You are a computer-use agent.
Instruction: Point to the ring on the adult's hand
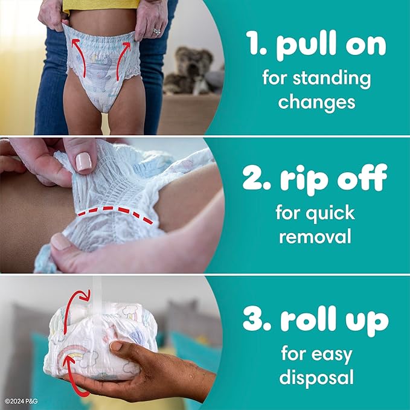click(156, 30)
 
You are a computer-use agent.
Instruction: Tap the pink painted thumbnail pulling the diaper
click(83, 161)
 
